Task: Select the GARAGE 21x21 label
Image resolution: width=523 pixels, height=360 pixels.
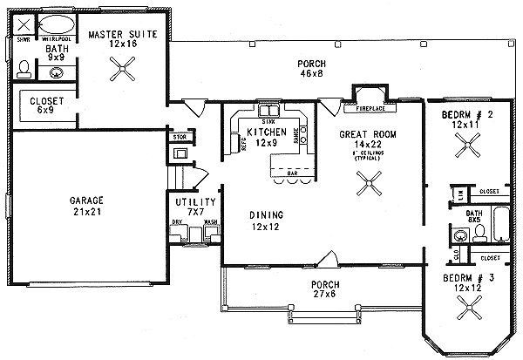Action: point(86,206)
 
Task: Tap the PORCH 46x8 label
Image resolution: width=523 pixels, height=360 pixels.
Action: point(311,69)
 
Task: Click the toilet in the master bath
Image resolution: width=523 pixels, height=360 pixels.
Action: point(24,69)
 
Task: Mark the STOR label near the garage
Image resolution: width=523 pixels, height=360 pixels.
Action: point(180,137)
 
